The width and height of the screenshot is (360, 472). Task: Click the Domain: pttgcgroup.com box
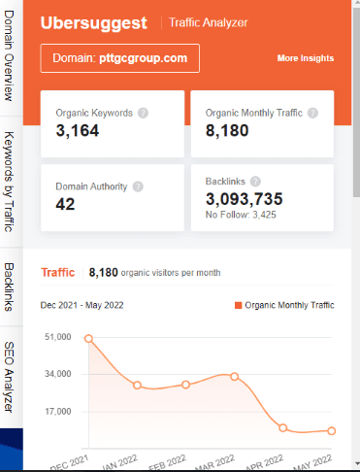(120, 58)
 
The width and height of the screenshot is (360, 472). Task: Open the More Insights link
(305, 58)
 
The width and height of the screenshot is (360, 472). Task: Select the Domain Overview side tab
(9, 61)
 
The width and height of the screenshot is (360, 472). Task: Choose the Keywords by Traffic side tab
(9, 181)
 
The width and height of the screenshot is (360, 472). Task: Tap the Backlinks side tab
(9, 286)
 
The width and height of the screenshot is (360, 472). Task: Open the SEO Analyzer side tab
(9, 378)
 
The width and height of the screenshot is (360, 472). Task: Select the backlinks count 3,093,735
(244, 198)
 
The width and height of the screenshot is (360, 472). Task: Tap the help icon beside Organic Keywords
(143, 113)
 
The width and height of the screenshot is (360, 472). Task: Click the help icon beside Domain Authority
(138, 186)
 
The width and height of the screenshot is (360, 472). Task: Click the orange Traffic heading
(58, 273)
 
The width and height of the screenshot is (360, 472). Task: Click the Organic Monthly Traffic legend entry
(283, 305)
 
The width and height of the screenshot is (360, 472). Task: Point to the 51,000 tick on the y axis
(58, 337)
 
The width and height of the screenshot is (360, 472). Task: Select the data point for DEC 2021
(88, 339)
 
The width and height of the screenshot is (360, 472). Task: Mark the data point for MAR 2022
(234, 376)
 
